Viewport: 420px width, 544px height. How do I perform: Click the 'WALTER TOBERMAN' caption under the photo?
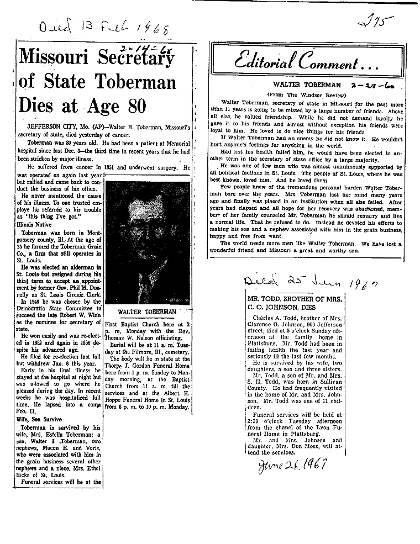pos(147,312)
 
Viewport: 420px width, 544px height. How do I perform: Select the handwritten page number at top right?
pos(374,22)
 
